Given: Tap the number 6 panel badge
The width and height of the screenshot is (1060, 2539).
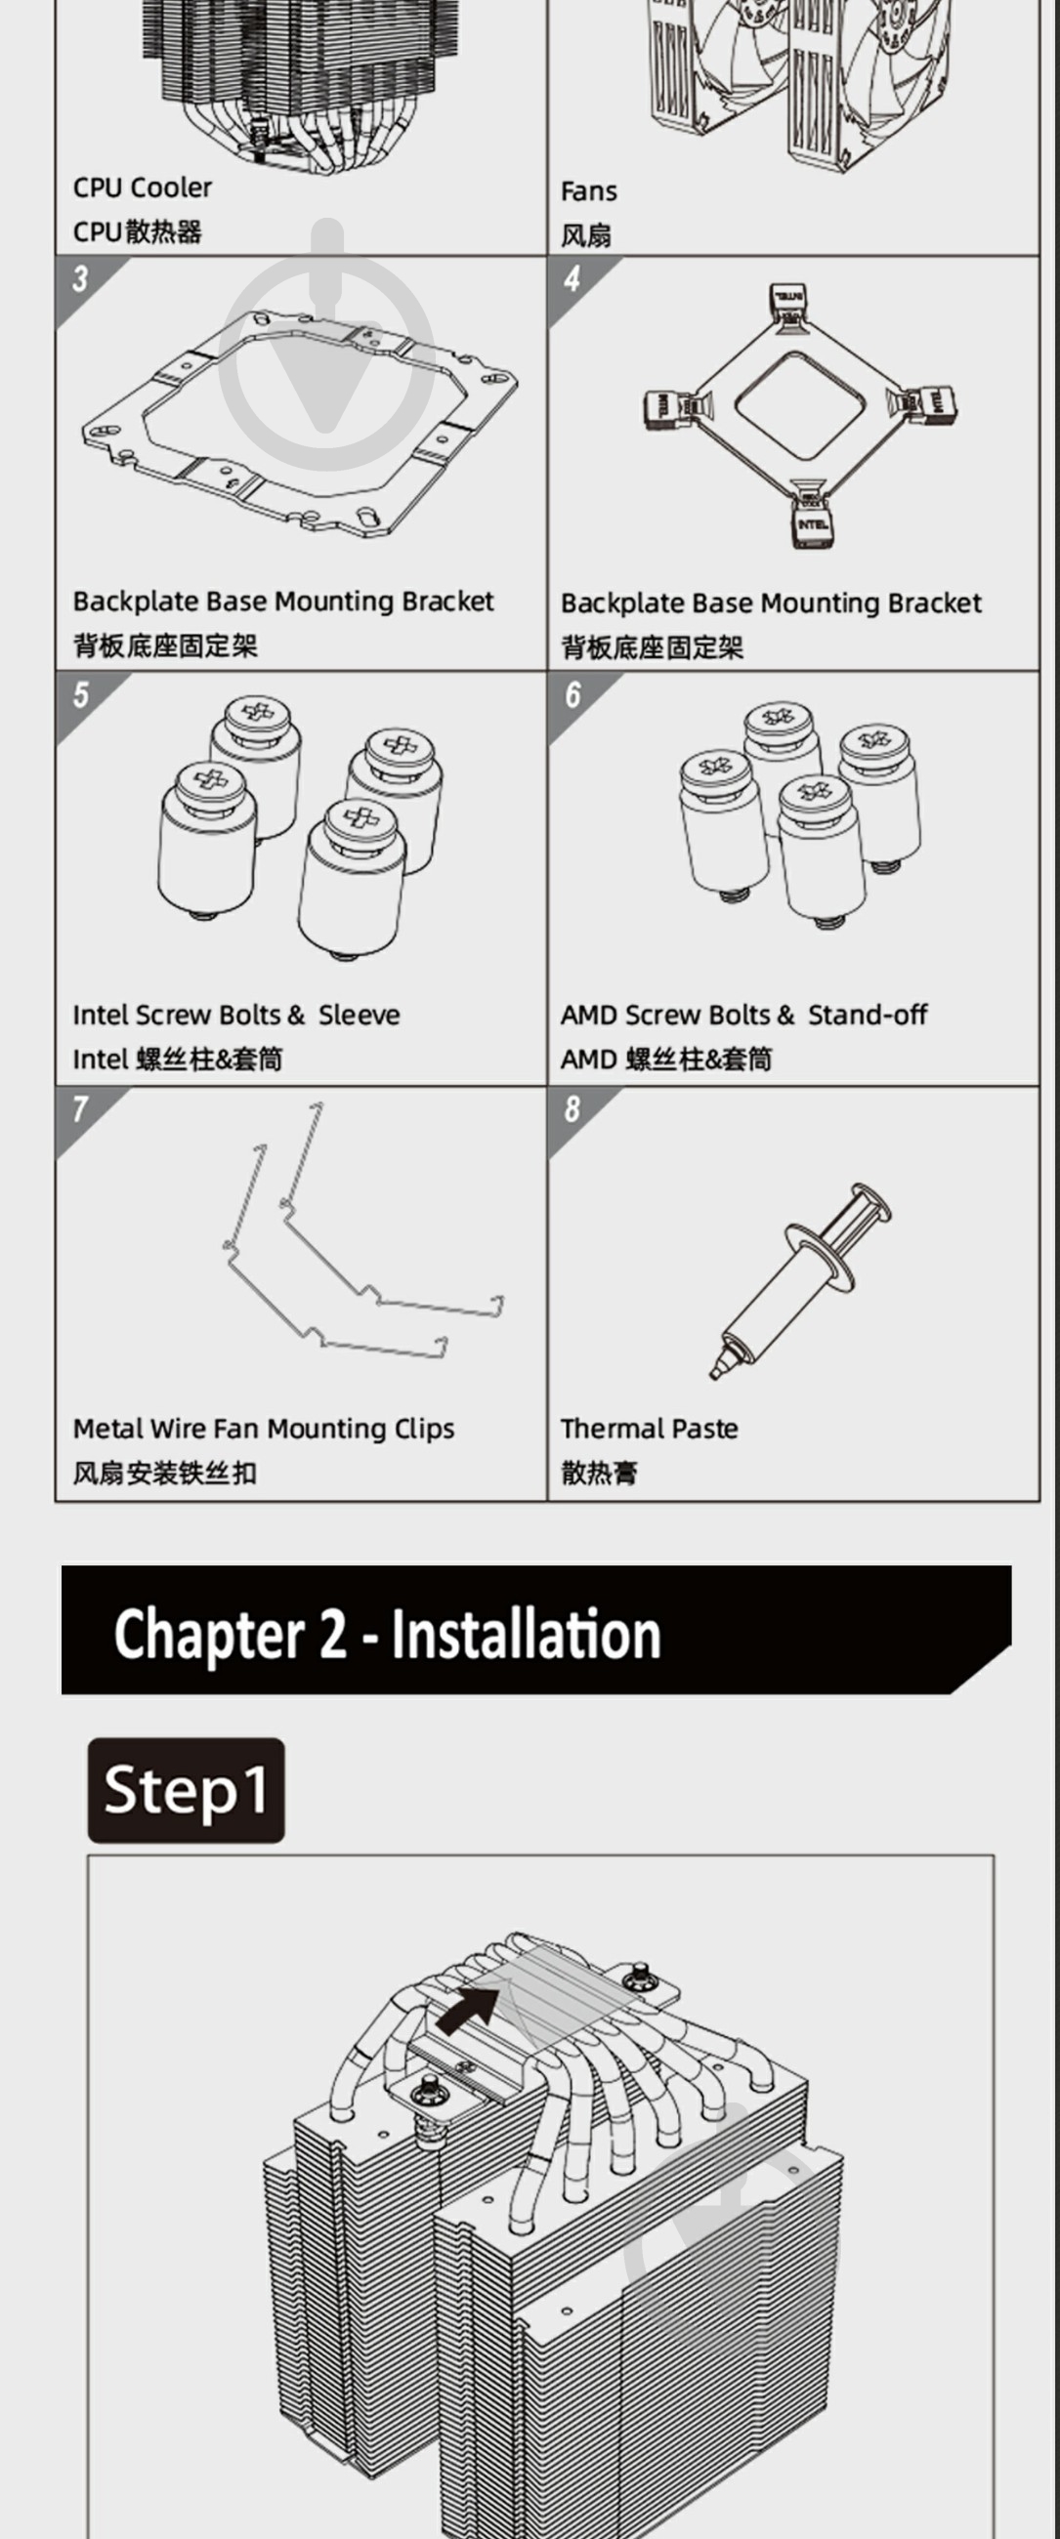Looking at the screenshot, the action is click(x=572, y=695).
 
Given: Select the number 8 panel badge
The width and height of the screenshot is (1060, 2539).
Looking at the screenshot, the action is click(x=572, y=1109).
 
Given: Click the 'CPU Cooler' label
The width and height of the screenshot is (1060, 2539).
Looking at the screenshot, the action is click(x=142, y=187).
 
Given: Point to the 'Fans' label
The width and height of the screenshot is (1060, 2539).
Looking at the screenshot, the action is click(x=589, y=191).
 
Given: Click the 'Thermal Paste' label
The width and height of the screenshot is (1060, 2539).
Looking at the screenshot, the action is click(x=649, y=1428).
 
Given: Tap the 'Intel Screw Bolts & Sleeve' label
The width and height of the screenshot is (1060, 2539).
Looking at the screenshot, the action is click(x=236, y=1015).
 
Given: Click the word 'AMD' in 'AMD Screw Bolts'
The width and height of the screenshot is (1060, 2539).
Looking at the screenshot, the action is click(x=589, y=1015).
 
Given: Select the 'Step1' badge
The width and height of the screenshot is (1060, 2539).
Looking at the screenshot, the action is click(x=187, y=1790).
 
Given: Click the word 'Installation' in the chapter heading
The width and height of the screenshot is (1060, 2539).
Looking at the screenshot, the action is click(x=526, y=1634).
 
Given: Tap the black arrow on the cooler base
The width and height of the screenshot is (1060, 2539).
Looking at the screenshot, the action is click(x=469, y=2008).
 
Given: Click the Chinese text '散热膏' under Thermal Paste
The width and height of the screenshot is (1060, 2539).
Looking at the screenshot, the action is click(x=600, y=1474).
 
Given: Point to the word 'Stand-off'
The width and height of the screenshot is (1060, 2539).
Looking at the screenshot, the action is click(x=868, y=1015).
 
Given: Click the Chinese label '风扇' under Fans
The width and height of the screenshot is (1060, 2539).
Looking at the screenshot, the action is click(x=586, y=235).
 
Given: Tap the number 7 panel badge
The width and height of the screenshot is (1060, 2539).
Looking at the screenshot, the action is click(x=80, y=1109).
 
